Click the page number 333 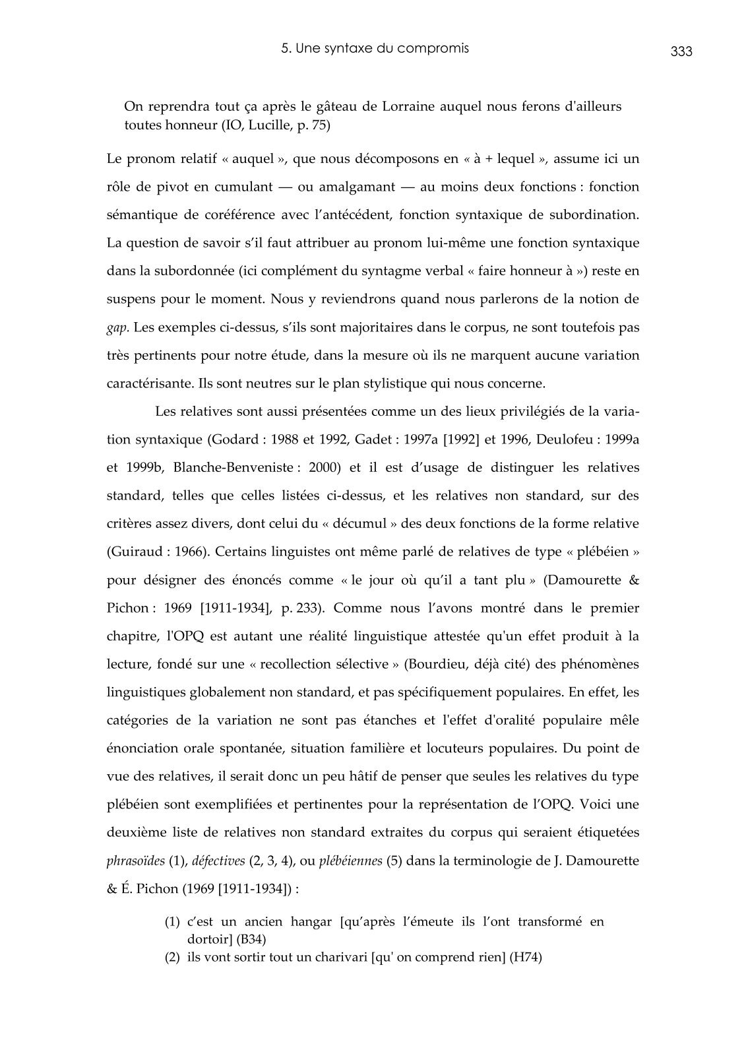pos(681,52)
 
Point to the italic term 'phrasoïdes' pos(135,861)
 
